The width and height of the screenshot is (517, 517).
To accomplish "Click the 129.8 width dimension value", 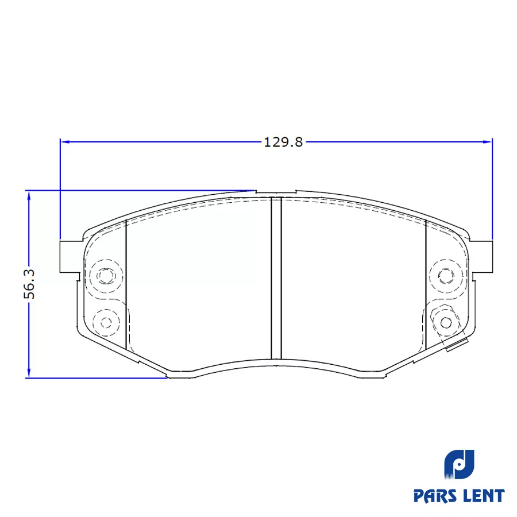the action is coord(283,142).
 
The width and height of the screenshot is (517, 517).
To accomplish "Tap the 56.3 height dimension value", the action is coord(29,284).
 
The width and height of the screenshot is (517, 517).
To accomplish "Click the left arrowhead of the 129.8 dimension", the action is coord(65,142).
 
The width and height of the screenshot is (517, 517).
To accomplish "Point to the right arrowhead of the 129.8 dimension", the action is coord(487,142).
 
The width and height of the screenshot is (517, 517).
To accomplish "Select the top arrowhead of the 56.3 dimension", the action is coord(29,196).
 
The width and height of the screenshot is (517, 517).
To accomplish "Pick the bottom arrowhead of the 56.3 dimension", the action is coord(29,373).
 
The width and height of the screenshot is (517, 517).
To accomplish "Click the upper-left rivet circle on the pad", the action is coord(106,275).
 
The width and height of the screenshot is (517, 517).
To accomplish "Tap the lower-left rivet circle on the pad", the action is coord(106,322).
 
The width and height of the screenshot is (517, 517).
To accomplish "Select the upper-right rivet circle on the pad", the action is coord(446,275).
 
